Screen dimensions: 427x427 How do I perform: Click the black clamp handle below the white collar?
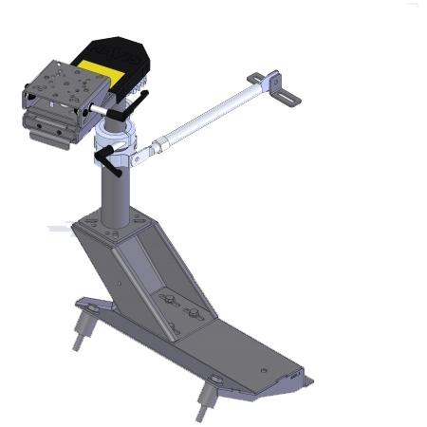[117, 165]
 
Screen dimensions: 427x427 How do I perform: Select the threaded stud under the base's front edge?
[205, 402]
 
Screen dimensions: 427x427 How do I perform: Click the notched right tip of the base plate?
[304, 381]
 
